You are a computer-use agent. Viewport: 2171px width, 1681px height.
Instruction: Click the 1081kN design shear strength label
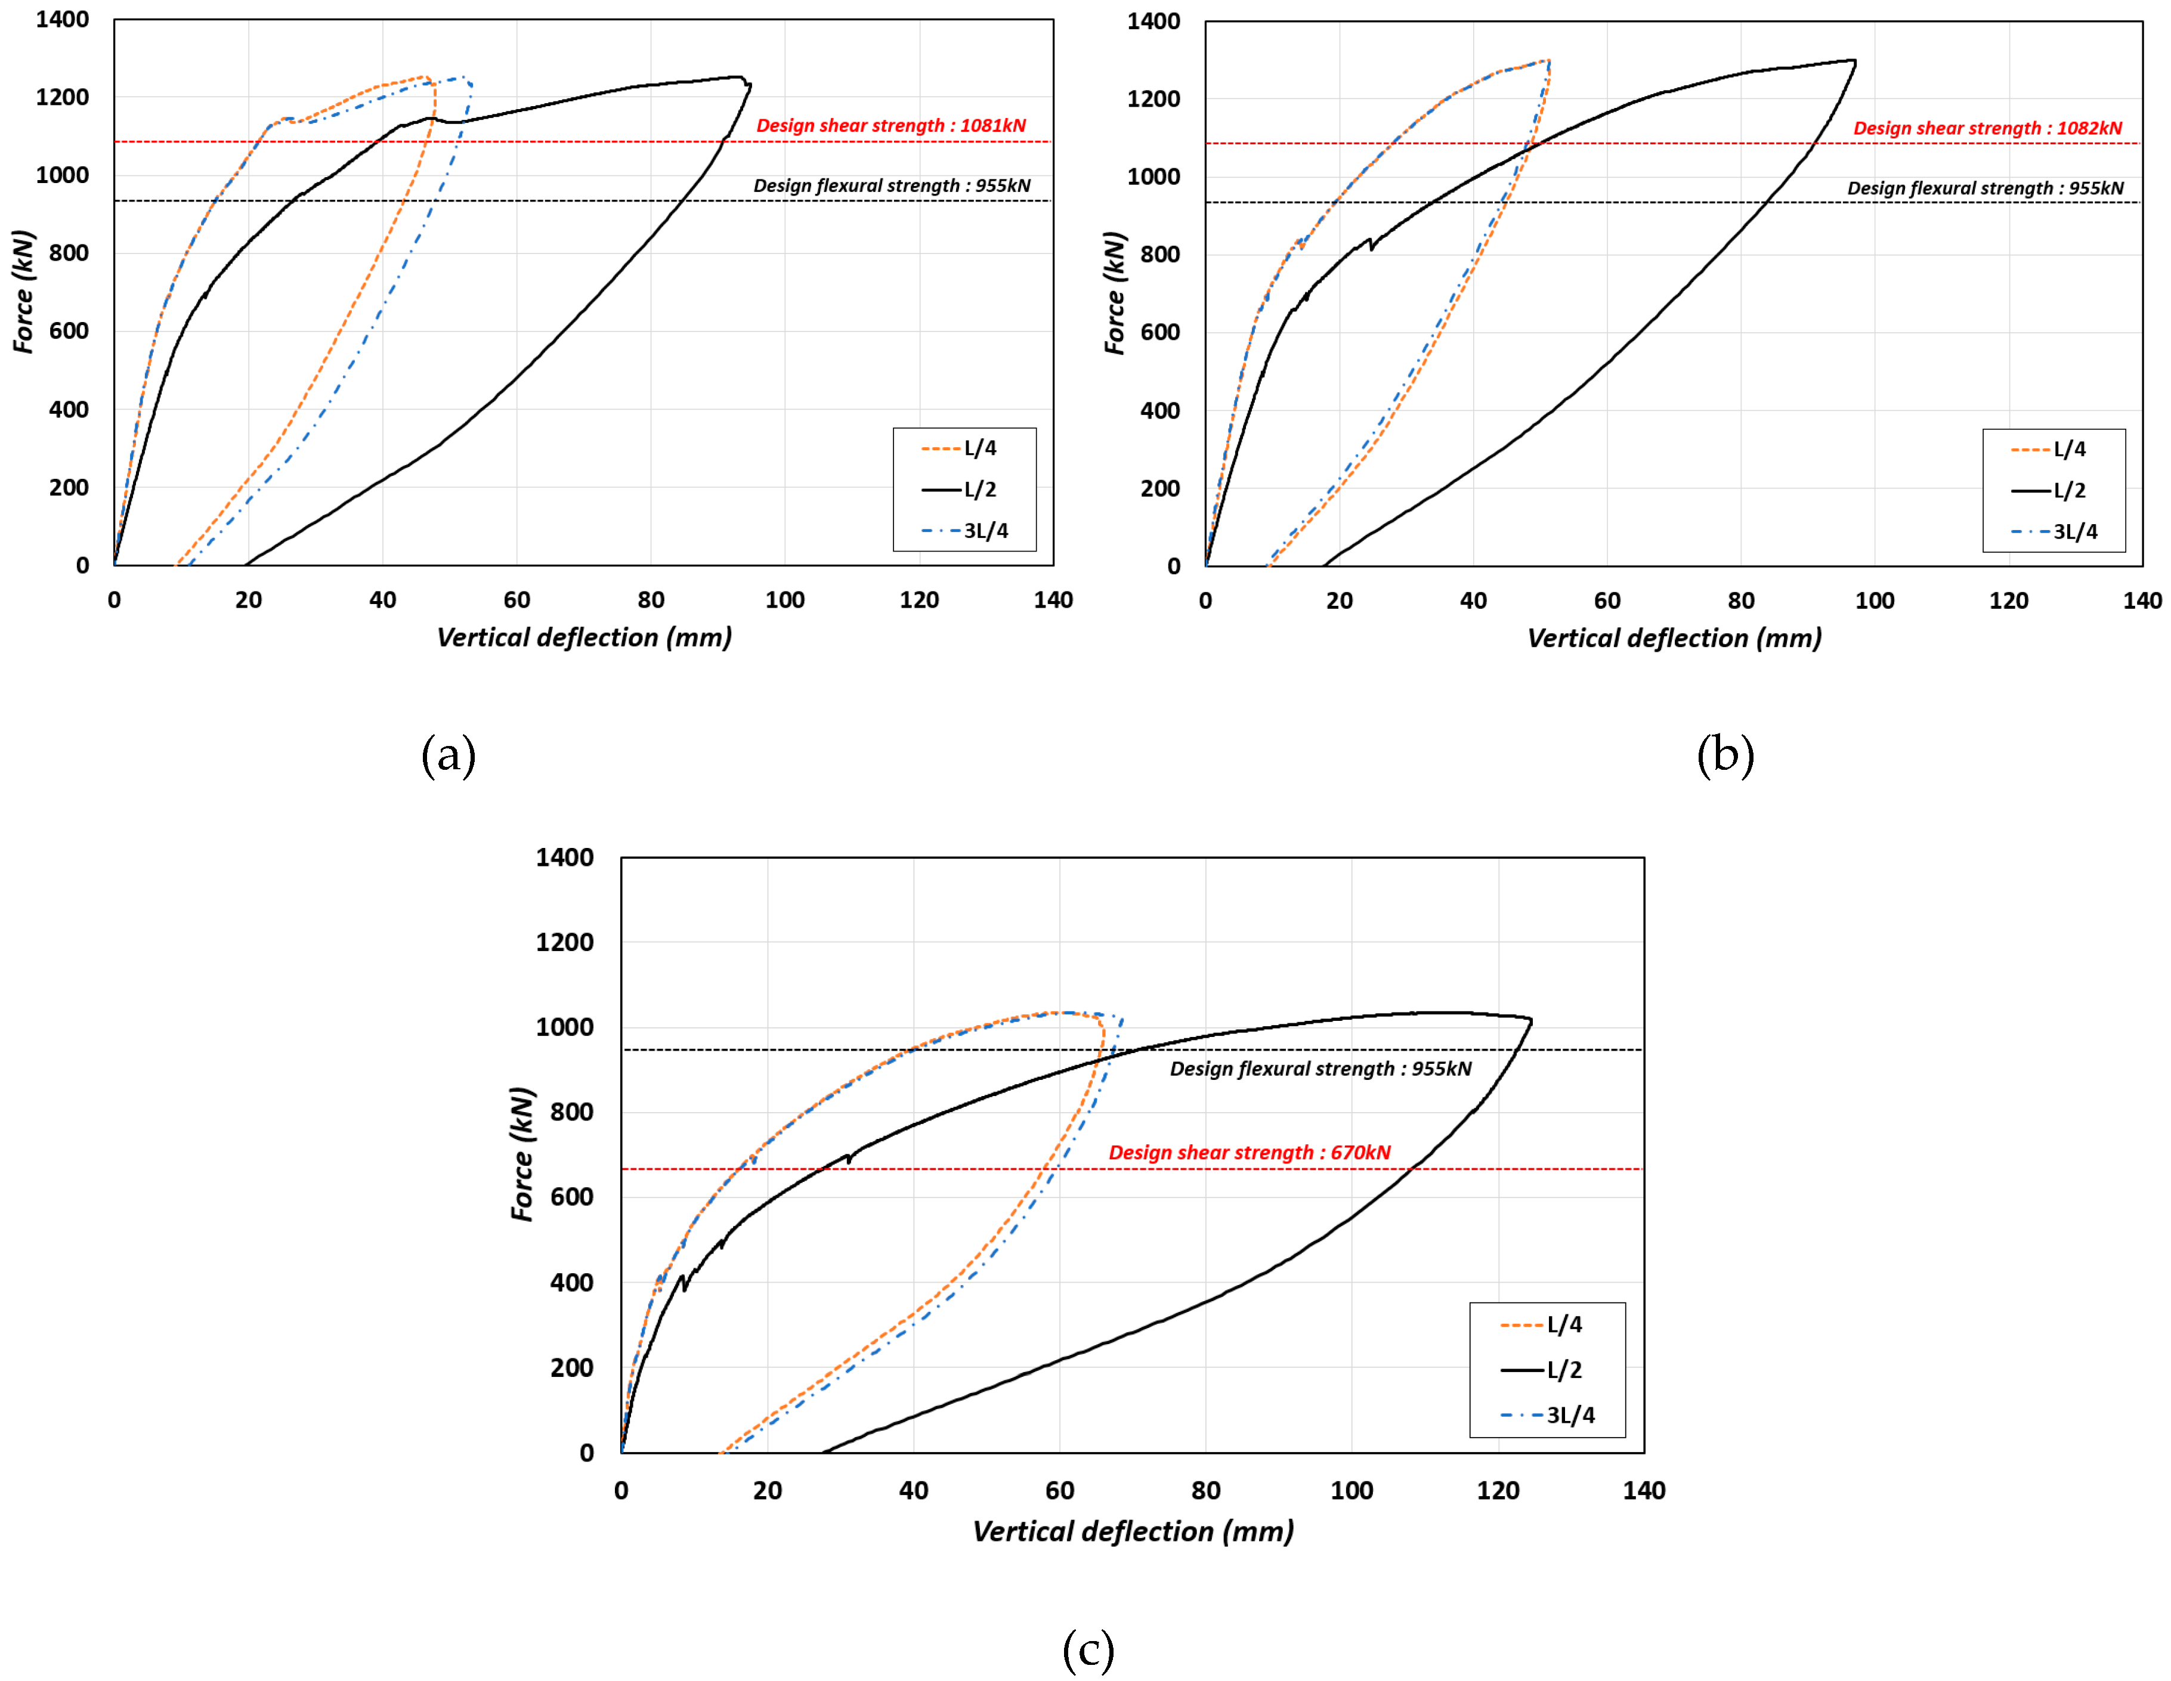(x=890, y=125)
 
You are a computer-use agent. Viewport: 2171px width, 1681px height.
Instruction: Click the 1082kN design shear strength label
(x=1987, y=128)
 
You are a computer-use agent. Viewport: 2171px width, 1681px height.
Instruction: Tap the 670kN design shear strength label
(x=1250, y=1152)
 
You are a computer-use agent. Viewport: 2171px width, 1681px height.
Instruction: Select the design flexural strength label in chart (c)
(x=1320, y=1069)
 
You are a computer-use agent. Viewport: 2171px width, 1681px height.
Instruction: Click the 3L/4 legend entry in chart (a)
(x=965, y=531)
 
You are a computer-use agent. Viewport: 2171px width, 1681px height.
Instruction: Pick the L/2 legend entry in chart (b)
(x=2054, y=490)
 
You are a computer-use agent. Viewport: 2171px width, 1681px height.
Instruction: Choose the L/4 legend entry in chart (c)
(x=1543, y=1324)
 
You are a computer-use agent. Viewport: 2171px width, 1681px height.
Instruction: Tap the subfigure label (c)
(x=1087, y=1649)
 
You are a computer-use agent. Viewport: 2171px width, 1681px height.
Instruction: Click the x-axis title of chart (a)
(x=584, y=637)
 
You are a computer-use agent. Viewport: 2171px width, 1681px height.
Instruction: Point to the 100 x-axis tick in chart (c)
(x=1352, y=1490)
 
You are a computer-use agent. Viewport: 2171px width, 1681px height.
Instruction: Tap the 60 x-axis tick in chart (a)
(x=517, y=599)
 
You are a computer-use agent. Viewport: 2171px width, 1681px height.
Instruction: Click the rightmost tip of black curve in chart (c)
(x=1532, y=1020)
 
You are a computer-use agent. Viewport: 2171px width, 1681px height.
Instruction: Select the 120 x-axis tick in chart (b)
(x=2009, y=600)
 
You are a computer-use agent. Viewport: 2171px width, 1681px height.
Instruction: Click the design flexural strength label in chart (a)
(x=892, y=186)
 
